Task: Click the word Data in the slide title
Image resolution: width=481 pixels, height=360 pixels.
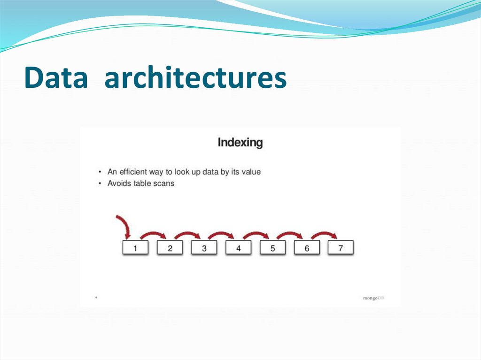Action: click(x=55, y=78)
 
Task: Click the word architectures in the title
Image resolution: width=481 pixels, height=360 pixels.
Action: click(x=195, y=78)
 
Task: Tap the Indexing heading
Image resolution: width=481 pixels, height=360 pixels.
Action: click(x=240, y=142)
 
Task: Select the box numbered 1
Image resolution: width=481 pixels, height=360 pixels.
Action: click(x=135, y=248)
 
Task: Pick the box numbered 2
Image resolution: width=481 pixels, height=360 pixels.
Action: click(x=170, y=248)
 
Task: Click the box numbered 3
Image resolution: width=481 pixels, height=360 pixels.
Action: click(x=204, y=248)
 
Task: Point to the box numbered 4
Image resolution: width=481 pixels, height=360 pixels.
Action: click(x=238, y=248)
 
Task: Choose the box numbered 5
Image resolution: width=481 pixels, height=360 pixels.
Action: click(x=272, y=248)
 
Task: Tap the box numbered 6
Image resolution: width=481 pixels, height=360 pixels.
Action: click(x=307, y=248)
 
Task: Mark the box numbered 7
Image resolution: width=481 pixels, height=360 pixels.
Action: click(x=341, y=248)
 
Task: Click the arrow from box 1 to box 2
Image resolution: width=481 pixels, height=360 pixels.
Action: click(x=153, y=233)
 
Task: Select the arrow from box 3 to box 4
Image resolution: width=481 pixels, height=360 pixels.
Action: click(x=221, y=233)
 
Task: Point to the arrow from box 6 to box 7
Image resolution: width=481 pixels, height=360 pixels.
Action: click(x=324, y=233)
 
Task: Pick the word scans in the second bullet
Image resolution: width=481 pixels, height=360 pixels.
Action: click(x=164, y=183)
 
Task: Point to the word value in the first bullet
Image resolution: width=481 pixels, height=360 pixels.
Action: click(x=250, y=172)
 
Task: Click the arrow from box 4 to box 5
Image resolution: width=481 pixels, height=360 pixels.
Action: click(x=256, y=233)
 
